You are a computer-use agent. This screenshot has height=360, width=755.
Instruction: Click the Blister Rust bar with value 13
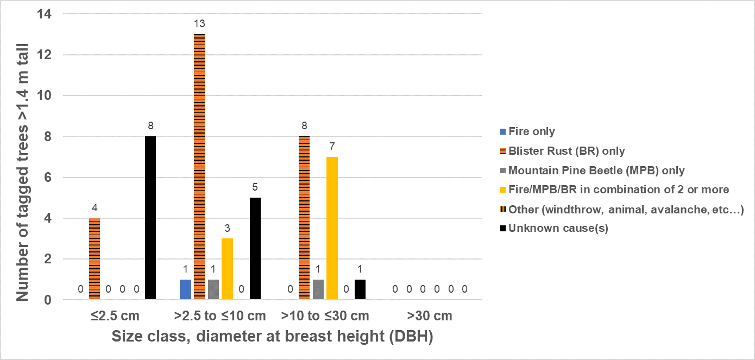[199, 166]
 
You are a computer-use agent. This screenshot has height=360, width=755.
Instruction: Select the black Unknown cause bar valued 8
[150, 217]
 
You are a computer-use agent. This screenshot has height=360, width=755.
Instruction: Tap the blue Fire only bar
[185, 289]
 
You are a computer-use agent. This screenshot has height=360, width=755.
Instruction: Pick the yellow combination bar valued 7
[332, 228]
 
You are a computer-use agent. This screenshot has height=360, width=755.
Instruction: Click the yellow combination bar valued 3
[227, 268]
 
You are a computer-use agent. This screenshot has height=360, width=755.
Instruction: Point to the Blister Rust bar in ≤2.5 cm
[95, 258]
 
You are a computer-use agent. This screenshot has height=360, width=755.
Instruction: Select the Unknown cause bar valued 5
[255, 248]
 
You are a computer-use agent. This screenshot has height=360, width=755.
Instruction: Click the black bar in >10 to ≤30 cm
[360, 289]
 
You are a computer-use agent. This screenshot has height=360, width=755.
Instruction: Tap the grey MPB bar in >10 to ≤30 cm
[318, 289]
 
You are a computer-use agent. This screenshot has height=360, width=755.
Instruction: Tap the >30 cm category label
[430, 316]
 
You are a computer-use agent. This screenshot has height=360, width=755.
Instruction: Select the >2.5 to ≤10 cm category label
[220, 316]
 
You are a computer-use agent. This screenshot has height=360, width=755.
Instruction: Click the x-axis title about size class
[272, 337]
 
